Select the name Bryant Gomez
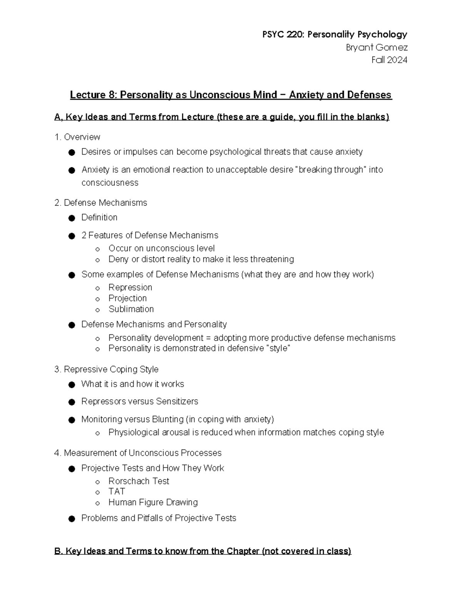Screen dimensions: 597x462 [x=377, y=48]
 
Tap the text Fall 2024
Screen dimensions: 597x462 [x=389, y=60]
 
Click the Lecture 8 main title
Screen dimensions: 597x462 [x=231, y=95]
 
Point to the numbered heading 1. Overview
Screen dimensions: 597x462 [x=77, y=137]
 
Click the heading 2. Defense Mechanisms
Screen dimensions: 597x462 [x=101, y=203]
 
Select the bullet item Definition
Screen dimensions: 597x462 [x=99, y=218]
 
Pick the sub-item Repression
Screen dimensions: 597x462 [x=130, y=288]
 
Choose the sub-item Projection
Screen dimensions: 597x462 [x=127, y=298]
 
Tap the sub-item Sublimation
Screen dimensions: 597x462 [x=131, y=309]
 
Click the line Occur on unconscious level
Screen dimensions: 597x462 [x=161, y=248]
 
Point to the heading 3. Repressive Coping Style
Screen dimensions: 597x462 [x=106, y=369]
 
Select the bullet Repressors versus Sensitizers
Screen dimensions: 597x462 [x=139, y=401]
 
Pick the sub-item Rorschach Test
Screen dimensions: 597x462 [x=139, y=481]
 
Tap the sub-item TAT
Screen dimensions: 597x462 [x=117, y=492]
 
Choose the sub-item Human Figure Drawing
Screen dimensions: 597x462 [x=153, y=502]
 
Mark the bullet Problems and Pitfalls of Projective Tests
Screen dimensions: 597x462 [x=159, y=518]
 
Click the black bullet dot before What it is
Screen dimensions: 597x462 [x=71, y=385]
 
